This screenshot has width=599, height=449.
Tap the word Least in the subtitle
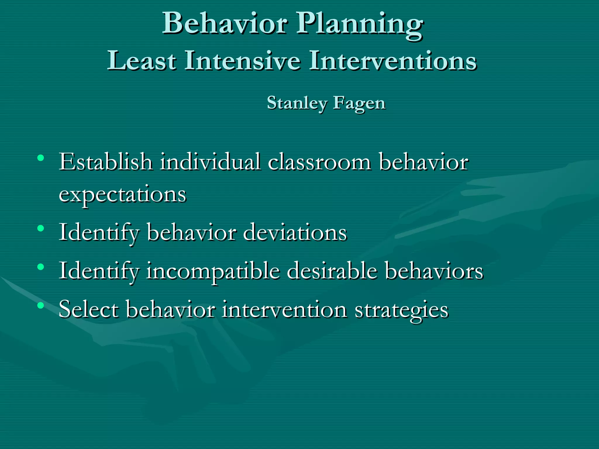(x=142, y=61)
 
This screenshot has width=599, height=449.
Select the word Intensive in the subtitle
(x=242, y=61)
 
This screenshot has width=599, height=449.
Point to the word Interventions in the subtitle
(x=393, y=61)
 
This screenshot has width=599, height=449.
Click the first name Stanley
(x=297, y=103)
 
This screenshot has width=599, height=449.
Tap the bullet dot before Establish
(x=41, y=158)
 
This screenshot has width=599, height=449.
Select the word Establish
(x=106, y=162)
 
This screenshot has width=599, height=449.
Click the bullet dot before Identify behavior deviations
(x=41, y=228)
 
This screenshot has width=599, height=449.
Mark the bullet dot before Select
(x=41, y=305)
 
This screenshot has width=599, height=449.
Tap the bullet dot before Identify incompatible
(x=41, y=267)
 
